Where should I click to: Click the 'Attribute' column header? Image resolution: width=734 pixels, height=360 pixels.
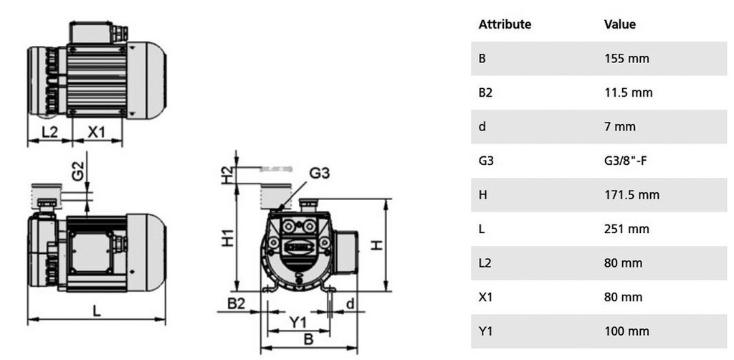click(505, 24)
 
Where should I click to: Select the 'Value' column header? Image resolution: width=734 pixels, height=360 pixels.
click(620, 24)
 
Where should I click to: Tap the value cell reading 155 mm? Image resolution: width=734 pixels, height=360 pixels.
click(626, 59)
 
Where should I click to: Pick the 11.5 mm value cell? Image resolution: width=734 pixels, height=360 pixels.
click(629, 93)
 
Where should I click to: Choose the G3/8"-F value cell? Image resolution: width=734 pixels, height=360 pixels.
click(626, 161)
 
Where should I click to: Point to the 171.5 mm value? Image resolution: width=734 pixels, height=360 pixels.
click(631, 195)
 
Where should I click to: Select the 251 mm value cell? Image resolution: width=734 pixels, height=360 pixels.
click(626, 229)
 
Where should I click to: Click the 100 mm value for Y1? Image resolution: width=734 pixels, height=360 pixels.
click(626, 331)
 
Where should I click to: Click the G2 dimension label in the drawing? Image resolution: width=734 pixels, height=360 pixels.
click(77, 170)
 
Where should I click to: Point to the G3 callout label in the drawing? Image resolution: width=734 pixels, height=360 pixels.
click(320, 174)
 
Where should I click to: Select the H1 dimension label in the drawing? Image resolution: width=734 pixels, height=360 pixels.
click(227, 238)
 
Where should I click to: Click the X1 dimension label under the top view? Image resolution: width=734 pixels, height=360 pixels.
click(96, 132)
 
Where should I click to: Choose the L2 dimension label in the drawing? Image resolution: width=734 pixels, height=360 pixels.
click(49, 132)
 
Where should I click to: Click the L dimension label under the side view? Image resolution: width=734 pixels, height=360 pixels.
click(96, 311)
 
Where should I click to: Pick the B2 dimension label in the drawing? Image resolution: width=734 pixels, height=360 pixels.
click(237, 304)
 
